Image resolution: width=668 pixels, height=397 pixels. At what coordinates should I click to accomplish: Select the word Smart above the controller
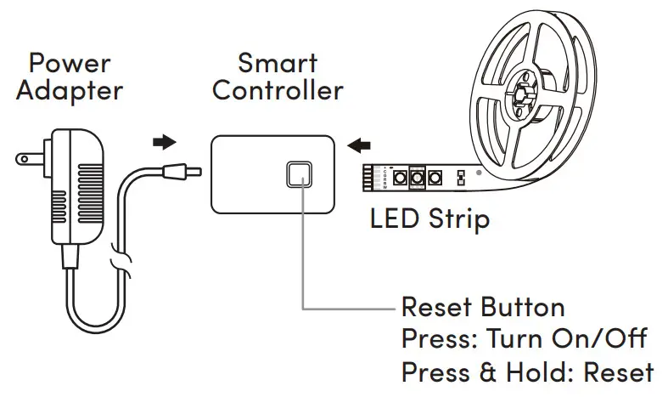278,62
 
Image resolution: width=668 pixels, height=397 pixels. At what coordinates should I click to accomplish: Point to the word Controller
278,90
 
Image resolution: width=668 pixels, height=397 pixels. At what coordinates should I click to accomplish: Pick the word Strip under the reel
459,221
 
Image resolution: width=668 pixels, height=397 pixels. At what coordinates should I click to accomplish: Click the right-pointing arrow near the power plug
164,141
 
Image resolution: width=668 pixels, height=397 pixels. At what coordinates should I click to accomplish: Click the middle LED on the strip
416,179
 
